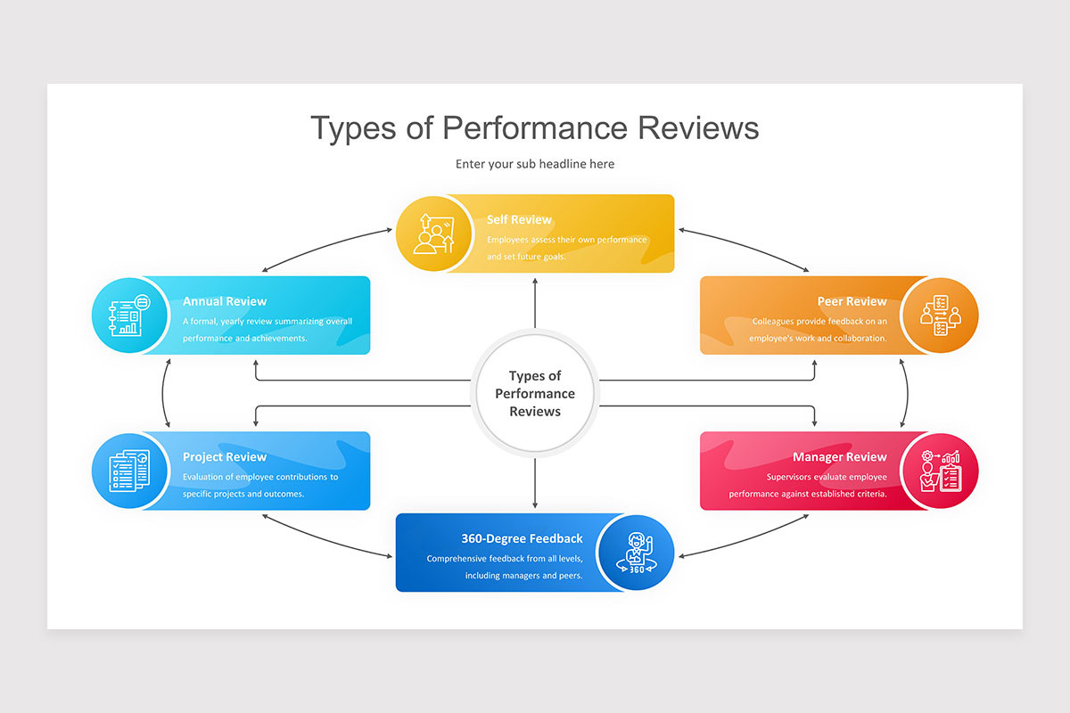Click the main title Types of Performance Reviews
point(535,127)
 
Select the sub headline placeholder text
point(535,164)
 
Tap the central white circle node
point(535,394)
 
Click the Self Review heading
point(519,220)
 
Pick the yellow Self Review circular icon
point(433,234)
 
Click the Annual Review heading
point(225,301)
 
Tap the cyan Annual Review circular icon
point(130,316)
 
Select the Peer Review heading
point(852,301)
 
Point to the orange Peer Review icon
point(940,316)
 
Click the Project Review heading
point(225,457)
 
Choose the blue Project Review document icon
point(130,471)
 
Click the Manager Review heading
point(839,457)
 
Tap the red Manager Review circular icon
point(940,471)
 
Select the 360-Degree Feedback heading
point(522,538)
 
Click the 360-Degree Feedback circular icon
point(636,553)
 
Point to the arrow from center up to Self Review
point(535,303)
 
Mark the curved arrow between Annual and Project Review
point(165,393)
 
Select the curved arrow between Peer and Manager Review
point(906,393)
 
